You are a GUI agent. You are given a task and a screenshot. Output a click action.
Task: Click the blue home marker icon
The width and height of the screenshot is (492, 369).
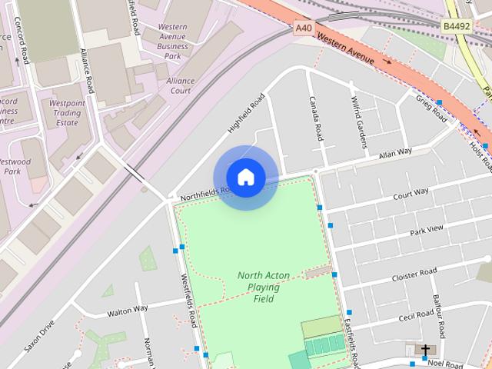[x=245, y=177]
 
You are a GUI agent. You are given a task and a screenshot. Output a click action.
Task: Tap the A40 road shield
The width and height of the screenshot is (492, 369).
[x=304, y=28]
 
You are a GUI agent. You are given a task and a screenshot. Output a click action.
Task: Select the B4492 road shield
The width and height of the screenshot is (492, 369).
[x=457, y=25]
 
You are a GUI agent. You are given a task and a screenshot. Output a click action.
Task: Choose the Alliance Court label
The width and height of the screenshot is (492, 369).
[x=179, y=85]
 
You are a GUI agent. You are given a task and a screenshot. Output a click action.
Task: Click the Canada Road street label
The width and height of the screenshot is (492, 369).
[x=315, y=118]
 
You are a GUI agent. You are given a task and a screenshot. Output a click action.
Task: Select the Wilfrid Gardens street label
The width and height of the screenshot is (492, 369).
[x=357, y=121]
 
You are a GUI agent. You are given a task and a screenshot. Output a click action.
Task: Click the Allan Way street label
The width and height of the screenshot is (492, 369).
[x=396, y=154]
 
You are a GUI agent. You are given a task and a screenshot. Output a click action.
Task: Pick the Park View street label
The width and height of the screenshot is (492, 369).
[x=427, y=229]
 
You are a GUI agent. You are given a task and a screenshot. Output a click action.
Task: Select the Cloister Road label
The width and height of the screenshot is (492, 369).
[x=414, y=274]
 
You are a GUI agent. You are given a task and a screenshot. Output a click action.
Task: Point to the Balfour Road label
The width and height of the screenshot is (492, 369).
[x=437, y=316]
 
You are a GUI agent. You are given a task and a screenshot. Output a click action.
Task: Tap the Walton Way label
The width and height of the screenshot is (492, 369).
[x=128, y=310]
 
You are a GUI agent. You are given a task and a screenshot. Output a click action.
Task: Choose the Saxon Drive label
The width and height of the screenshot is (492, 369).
[x=39, y=336]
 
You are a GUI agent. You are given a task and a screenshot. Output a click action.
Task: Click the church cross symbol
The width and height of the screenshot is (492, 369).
[x=424, y=351]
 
